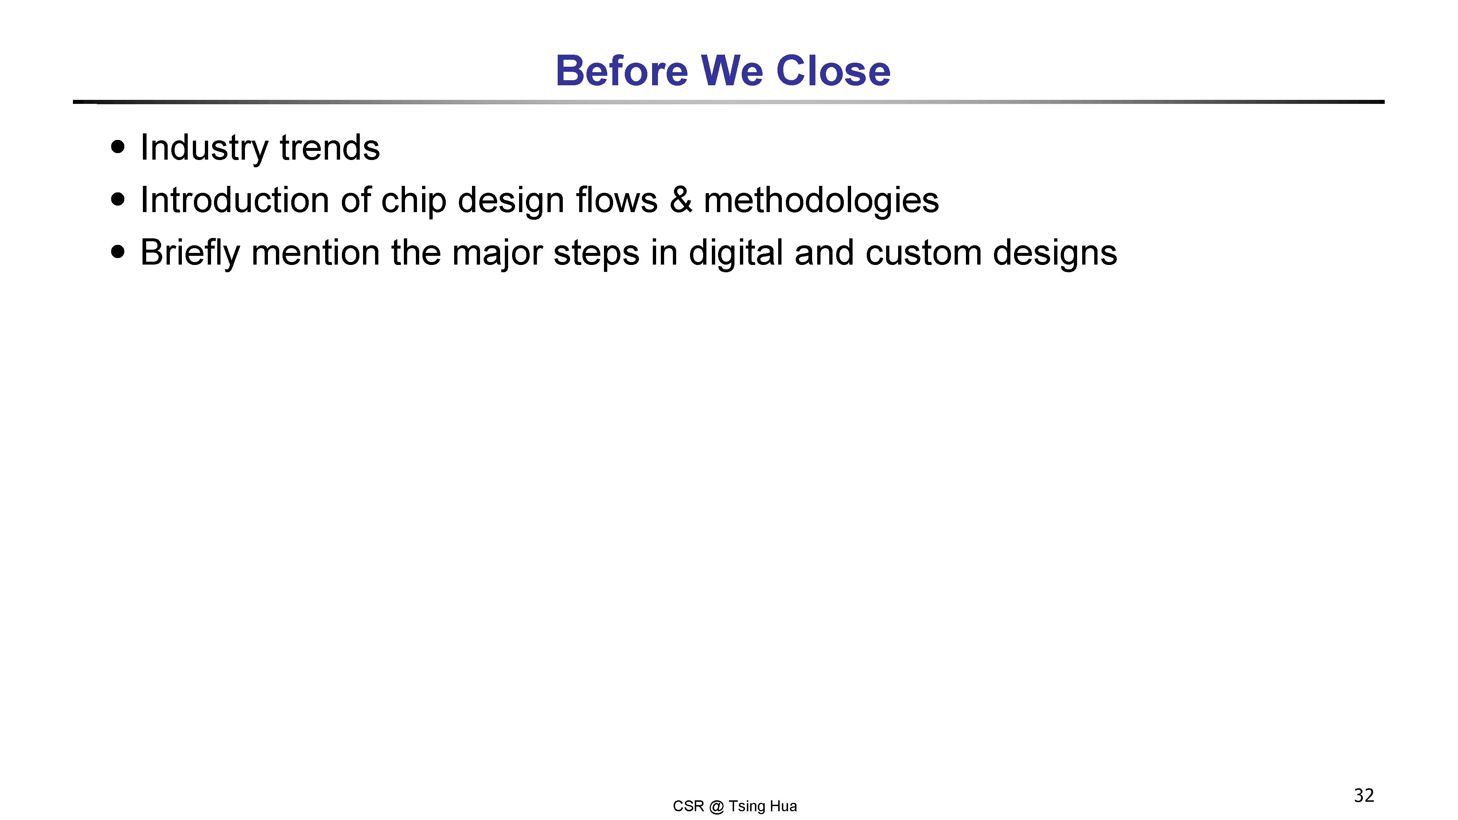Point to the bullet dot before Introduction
118,200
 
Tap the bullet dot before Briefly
118,252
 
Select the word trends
330,148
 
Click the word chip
413,202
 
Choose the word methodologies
821,202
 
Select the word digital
736,254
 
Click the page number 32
1364,796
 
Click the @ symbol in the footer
716,807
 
